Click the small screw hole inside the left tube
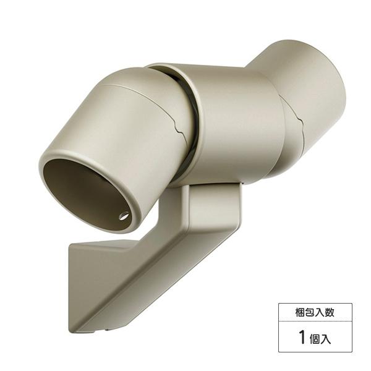click(x=124, y=216)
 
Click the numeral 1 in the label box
click(x=302, y=338)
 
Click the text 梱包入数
click(x=315, y=312)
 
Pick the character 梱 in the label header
click(x=301, y=312)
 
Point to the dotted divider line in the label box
click(x=315, y=323)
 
